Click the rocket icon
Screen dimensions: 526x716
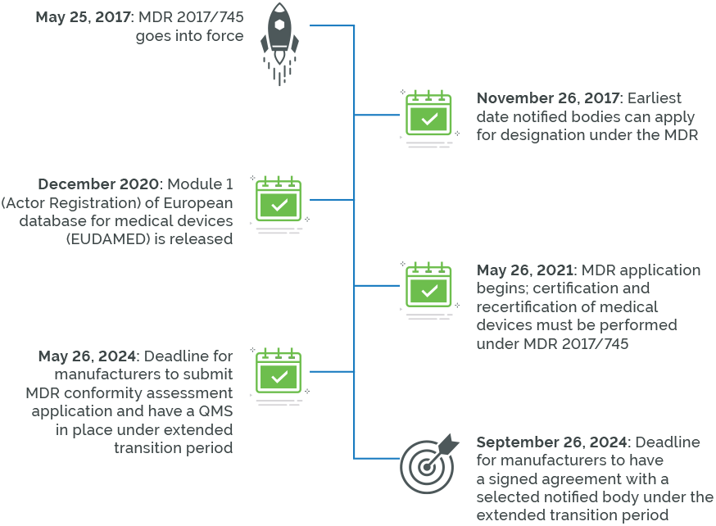279,43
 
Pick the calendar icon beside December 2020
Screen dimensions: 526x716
279,203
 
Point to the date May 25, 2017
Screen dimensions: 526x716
84,16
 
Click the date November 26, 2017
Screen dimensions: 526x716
549,98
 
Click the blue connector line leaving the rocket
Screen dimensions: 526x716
328,26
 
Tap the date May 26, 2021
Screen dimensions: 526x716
528,270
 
